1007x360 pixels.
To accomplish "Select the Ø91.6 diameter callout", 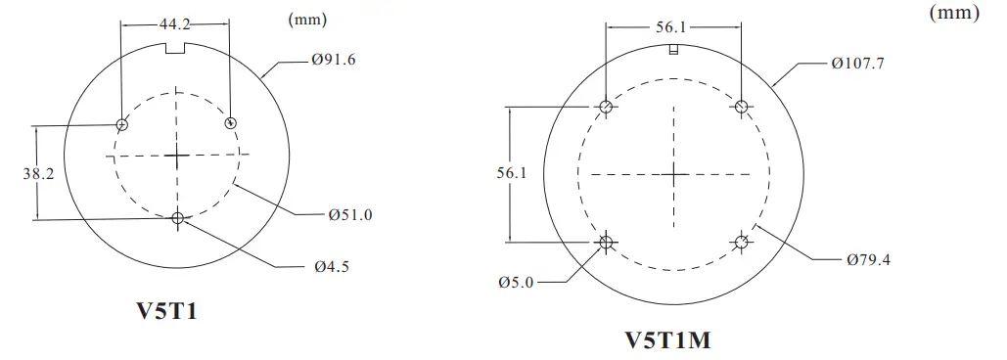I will pyautogui.click(x=334, y=61).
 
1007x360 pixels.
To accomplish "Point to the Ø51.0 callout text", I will pyautogui.click(x=349, y=213).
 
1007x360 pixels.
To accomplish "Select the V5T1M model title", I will pyautogui.click(x=667, y=340).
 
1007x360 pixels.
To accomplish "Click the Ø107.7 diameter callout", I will pyautogui.click(x=858, y=64).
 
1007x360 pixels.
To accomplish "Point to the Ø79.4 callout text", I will pyautogui.click(x=867, y=259).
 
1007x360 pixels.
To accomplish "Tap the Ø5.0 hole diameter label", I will pyautogui.click(x=517, y=282).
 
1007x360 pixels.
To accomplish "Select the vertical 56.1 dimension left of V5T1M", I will pyautogui.click(x=513, y=173).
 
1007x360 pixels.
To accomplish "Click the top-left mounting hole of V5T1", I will pyautogui.click(x=122, y=124).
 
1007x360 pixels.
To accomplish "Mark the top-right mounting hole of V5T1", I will pyautogui.click(x=231, y=122).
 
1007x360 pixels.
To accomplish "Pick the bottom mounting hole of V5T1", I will pyautogui.click(x=177, y=218).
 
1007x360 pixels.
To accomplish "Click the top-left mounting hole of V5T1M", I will pyautogui.click(x=607, y=107).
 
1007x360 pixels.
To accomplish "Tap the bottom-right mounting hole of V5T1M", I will pyautogui.click(x=742, y=242).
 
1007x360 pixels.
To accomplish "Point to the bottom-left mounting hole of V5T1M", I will pyautogui.click(x=607, y=242).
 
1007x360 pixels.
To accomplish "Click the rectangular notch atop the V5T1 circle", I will pyautogui.click(x=176, y=49).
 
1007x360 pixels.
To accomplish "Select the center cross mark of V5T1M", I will pyautogui.click(x=674, y=174).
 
